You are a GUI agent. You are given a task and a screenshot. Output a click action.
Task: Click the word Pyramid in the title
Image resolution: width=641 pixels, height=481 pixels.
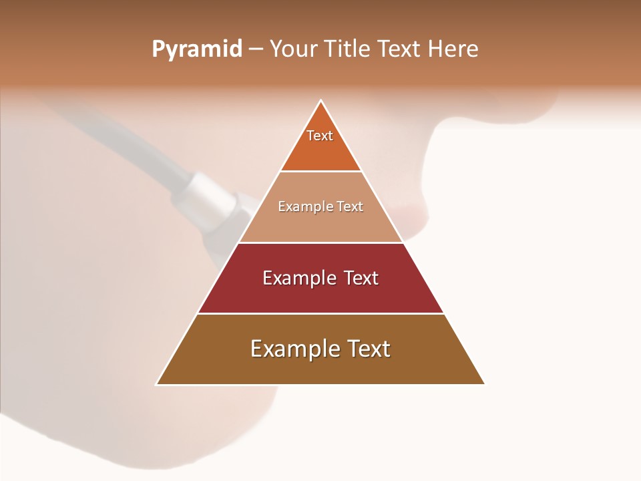click(196, 49)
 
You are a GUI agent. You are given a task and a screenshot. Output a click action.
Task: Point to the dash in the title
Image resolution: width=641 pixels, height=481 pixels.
click(255, 50)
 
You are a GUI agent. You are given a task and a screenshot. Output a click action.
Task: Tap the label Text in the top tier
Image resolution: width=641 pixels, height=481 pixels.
click(320, 136)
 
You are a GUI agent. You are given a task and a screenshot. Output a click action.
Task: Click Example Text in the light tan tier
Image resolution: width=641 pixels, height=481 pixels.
click(320, 206)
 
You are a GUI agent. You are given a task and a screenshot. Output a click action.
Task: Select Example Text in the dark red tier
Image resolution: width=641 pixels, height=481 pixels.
click(320, 278)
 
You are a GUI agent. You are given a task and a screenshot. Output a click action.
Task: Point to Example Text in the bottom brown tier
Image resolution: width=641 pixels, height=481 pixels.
click(320, 349)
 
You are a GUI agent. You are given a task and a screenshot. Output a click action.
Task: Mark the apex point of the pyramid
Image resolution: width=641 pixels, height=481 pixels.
click(321, 101)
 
